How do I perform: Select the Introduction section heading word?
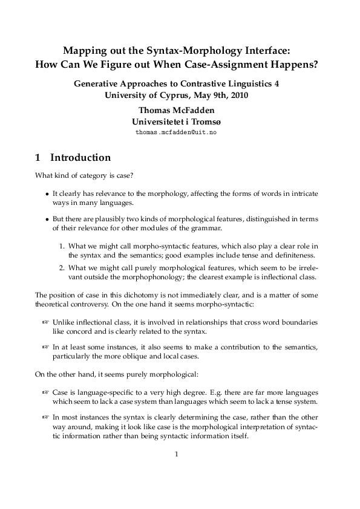tap(80, 158)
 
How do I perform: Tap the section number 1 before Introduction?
tap(39, 158)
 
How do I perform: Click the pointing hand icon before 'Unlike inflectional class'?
tap(45, 323)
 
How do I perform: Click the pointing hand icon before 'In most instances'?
tap(45, 417)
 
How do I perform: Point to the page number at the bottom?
tap(175, 455)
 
